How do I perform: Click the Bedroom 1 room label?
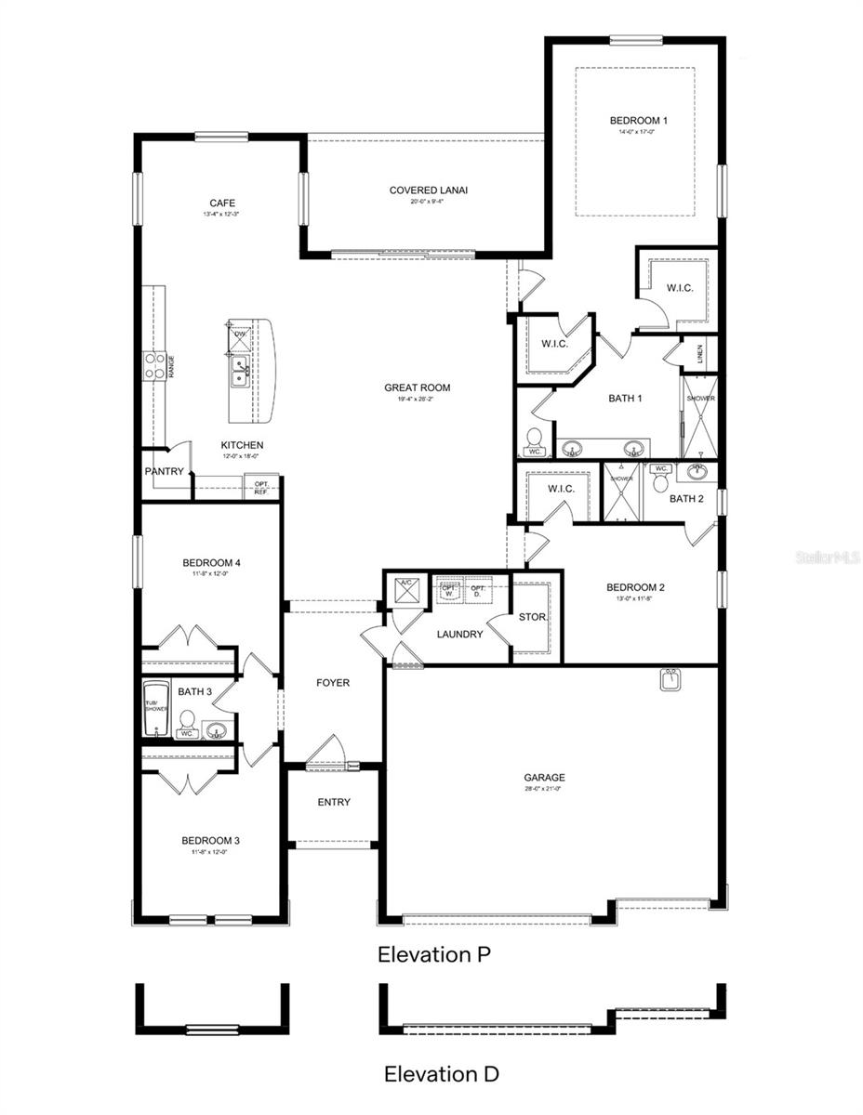[x=638, y=121]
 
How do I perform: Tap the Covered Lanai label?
[x=428, y=190]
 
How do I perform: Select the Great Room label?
[x=417, y=387]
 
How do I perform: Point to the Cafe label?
[x=221, y=203]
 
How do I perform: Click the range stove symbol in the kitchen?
[x=153, y=365]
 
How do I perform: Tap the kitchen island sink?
[x=240, y=371]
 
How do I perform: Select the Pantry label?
[x=164, y=471]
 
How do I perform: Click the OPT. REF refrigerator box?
[x=261, y=488]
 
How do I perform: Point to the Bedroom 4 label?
[x=211, y=562]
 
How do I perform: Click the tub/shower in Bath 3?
[x=155, y=709]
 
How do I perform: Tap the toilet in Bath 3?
[x=187, y=723]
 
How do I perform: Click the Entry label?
[x=333, y=802]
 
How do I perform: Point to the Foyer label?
[x=333, y=683]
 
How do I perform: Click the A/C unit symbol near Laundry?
[x=405, y=589]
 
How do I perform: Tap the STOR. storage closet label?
[x=532, y=617]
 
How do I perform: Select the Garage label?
[x=544, y=778]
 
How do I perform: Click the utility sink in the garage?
[x=670, y=681]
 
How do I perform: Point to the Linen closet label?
[x=699, y=354]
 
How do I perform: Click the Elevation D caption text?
[x=442, y=1074]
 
